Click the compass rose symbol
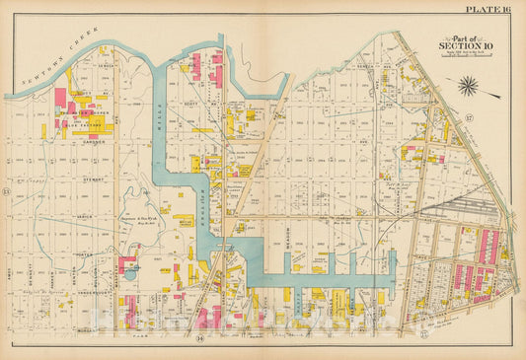tap(468, 87)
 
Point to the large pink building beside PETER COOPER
tap(60, 98)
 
